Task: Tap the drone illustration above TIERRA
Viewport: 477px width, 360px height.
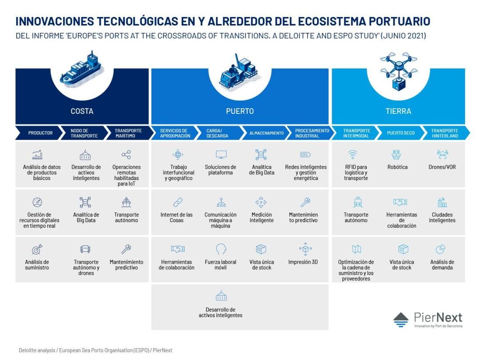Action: click(x=399, y=71)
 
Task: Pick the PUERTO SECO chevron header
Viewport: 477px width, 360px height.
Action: click(x=401, y=133)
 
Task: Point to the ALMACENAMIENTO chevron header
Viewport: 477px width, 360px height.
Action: click(x=266, y=133)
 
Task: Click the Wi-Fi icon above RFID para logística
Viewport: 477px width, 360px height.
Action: click(x=353, y=155)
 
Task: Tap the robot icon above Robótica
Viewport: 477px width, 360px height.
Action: click(x=396, y=155)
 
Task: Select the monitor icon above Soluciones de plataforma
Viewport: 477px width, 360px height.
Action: click(x=221, y=155)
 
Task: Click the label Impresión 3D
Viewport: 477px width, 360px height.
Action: click(x=303, y=262)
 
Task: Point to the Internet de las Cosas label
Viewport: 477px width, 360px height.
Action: click(x=176, y=218)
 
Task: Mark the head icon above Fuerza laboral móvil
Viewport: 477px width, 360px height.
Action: click(x=221, y=249)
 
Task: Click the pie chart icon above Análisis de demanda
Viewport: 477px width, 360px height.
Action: click(x=441, y=249)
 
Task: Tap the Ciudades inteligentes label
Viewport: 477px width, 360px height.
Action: click(x=442, y=218)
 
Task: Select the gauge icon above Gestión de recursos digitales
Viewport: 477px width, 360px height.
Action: click(x=37, y=202)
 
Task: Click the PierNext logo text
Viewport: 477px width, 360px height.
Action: click(x=438, y=318)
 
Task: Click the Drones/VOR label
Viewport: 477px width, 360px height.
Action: click(x=442, y=167)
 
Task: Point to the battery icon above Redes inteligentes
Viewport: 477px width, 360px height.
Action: click(x=305, y=155)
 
